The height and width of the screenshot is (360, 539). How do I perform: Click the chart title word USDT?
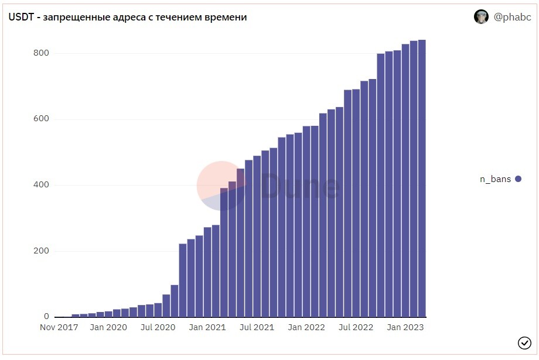(x=21, y=17)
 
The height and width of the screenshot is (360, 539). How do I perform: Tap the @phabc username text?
(x=512, y=17)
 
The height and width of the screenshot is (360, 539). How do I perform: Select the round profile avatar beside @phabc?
(x=481, y=16)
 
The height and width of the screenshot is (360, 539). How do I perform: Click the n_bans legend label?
(x=495, y=179)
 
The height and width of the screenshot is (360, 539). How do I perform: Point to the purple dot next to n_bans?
(x=518, y=179)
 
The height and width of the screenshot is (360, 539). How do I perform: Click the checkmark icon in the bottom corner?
(x=524, y=342)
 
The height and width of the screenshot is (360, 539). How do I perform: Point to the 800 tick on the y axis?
(x=41, y=53)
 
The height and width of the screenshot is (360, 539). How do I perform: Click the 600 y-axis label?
(x=41, y=119)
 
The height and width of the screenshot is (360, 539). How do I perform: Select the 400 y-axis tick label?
(x=41, y=185)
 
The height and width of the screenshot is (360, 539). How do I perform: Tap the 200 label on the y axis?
(x=41, y=251)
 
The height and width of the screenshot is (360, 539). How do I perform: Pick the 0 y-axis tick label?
(x=46, y=316)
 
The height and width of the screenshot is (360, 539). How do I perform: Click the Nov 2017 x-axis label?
(x=59, y=327)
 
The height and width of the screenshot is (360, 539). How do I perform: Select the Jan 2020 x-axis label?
(x=108, y=327)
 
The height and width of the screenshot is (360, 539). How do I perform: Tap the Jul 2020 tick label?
(x=158, y=327)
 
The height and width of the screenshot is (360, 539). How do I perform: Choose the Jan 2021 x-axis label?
(x=207, y=327)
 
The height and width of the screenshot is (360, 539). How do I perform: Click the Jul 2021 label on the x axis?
(x=257, y=327)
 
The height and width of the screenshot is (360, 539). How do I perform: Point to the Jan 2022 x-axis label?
(x=306, y=327)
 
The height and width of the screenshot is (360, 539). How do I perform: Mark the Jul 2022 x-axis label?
(x=356, y=327)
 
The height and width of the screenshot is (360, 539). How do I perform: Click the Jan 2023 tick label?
(x=405, y=327)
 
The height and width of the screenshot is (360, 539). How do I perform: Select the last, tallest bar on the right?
(x=422, y=179)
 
